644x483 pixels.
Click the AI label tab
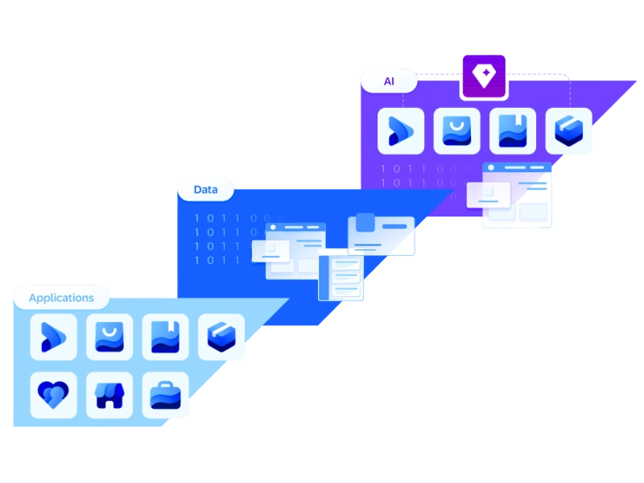pyautogui.click(x=389, y=81)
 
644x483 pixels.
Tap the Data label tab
pyautogui.click(x=206, y=190)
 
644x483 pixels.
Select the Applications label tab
pyautogui.click(x=61, y=298)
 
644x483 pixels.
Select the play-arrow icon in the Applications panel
pyautogui.click(x=53, y=337)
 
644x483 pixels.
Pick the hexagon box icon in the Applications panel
pyautogui.click(x=221, y=337)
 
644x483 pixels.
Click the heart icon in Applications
pyautogui.click(x=53, y=394)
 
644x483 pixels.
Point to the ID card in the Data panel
pyautogui.click(x=382, y=236)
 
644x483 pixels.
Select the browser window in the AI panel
pyautogui.click(x=516, y=196)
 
